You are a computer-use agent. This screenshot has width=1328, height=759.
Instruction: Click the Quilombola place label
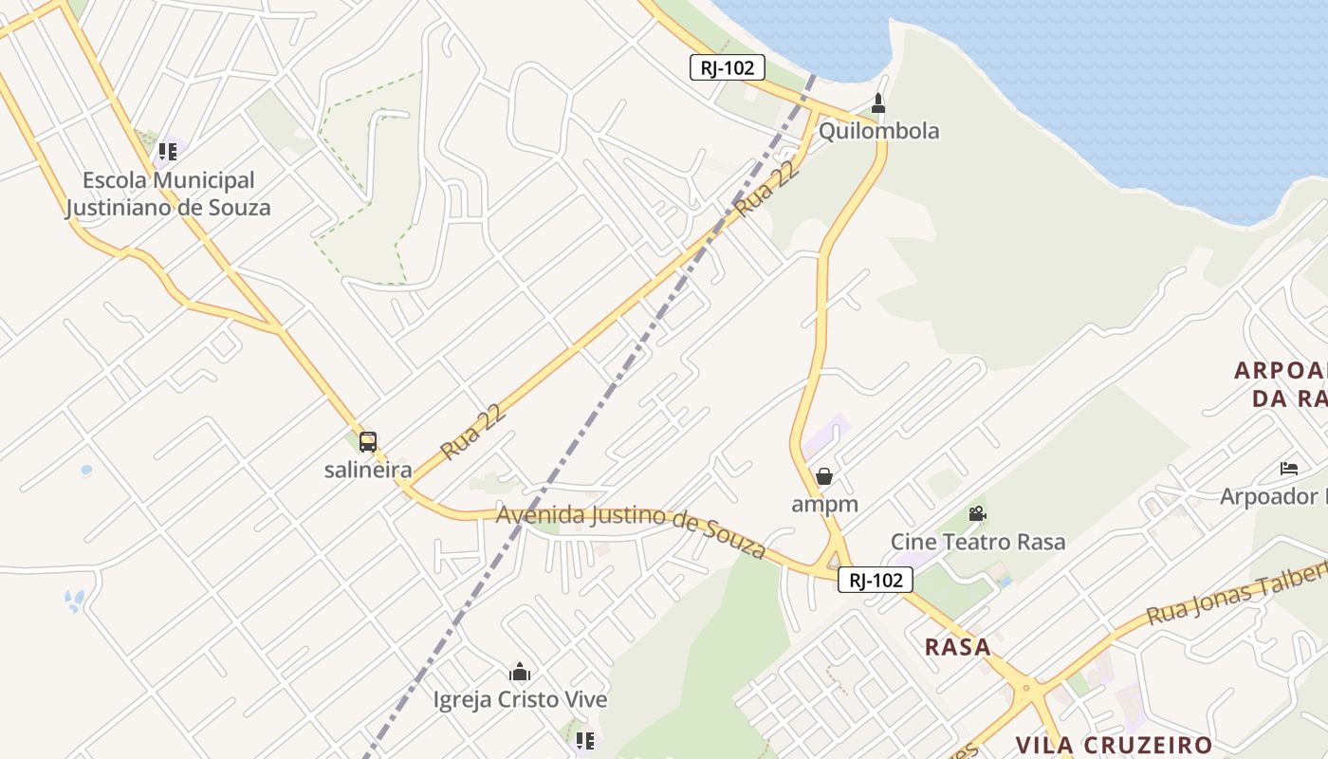pyautogui.click(x=878, y=131)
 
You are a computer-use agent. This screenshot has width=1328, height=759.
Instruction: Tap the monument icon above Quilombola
pyautogui.click(x=878, y=102)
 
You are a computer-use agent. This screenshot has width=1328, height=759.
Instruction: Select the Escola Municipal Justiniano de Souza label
pyautogui.click(x=168, y=194)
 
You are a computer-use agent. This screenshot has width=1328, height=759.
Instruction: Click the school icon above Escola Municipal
pyautogui.click(x=168, y=152)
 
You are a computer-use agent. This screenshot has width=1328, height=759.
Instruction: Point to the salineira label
pyautogui.click(x=368, y=470)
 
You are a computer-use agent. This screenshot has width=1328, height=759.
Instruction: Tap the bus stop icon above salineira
pyautogui.click(x=368, y=441)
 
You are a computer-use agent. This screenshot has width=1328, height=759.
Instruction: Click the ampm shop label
pyautogui.click(x=824, y=504)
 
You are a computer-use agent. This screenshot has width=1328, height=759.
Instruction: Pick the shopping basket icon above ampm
pyautogui.click(x=824, y=476)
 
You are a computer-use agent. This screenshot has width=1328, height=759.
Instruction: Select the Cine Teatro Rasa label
pyautogui.click(x=977, y=542)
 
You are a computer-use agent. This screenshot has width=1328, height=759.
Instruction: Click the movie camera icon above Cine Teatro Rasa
pyautogui.click(x=977, y=514)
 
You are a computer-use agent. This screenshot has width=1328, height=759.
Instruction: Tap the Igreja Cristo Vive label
pyautogui.click(x=520, y=700)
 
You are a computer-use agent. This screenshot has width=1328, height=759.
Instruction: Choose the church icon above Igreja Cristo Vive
pyautogui.click(x=520, y=673)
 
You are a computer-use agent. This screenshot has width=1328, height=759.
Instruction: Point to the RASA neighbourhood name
pyautogui.click(x=957, y=647)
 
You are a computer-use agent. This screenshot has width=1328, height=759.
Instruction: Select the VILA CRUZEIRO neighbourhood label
pyautogui.click(x=1114, y=745)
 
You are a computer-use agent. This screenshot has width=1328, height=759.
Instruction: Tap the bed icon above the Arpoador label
pyautogui.click(x=1288, y=469)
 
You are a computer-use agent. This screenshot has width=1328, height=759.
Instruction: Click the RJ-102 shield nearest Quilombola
pyautogui.click(x=727, y=67)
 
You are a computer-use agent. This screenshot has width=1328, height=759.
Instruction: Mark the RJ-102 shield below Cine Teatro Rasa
pyautogui.click(x=875, y=580)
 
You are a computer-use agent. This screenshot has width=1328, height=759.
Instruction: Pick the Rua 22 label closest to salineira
pyautogui.click(x=471, y=432)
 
